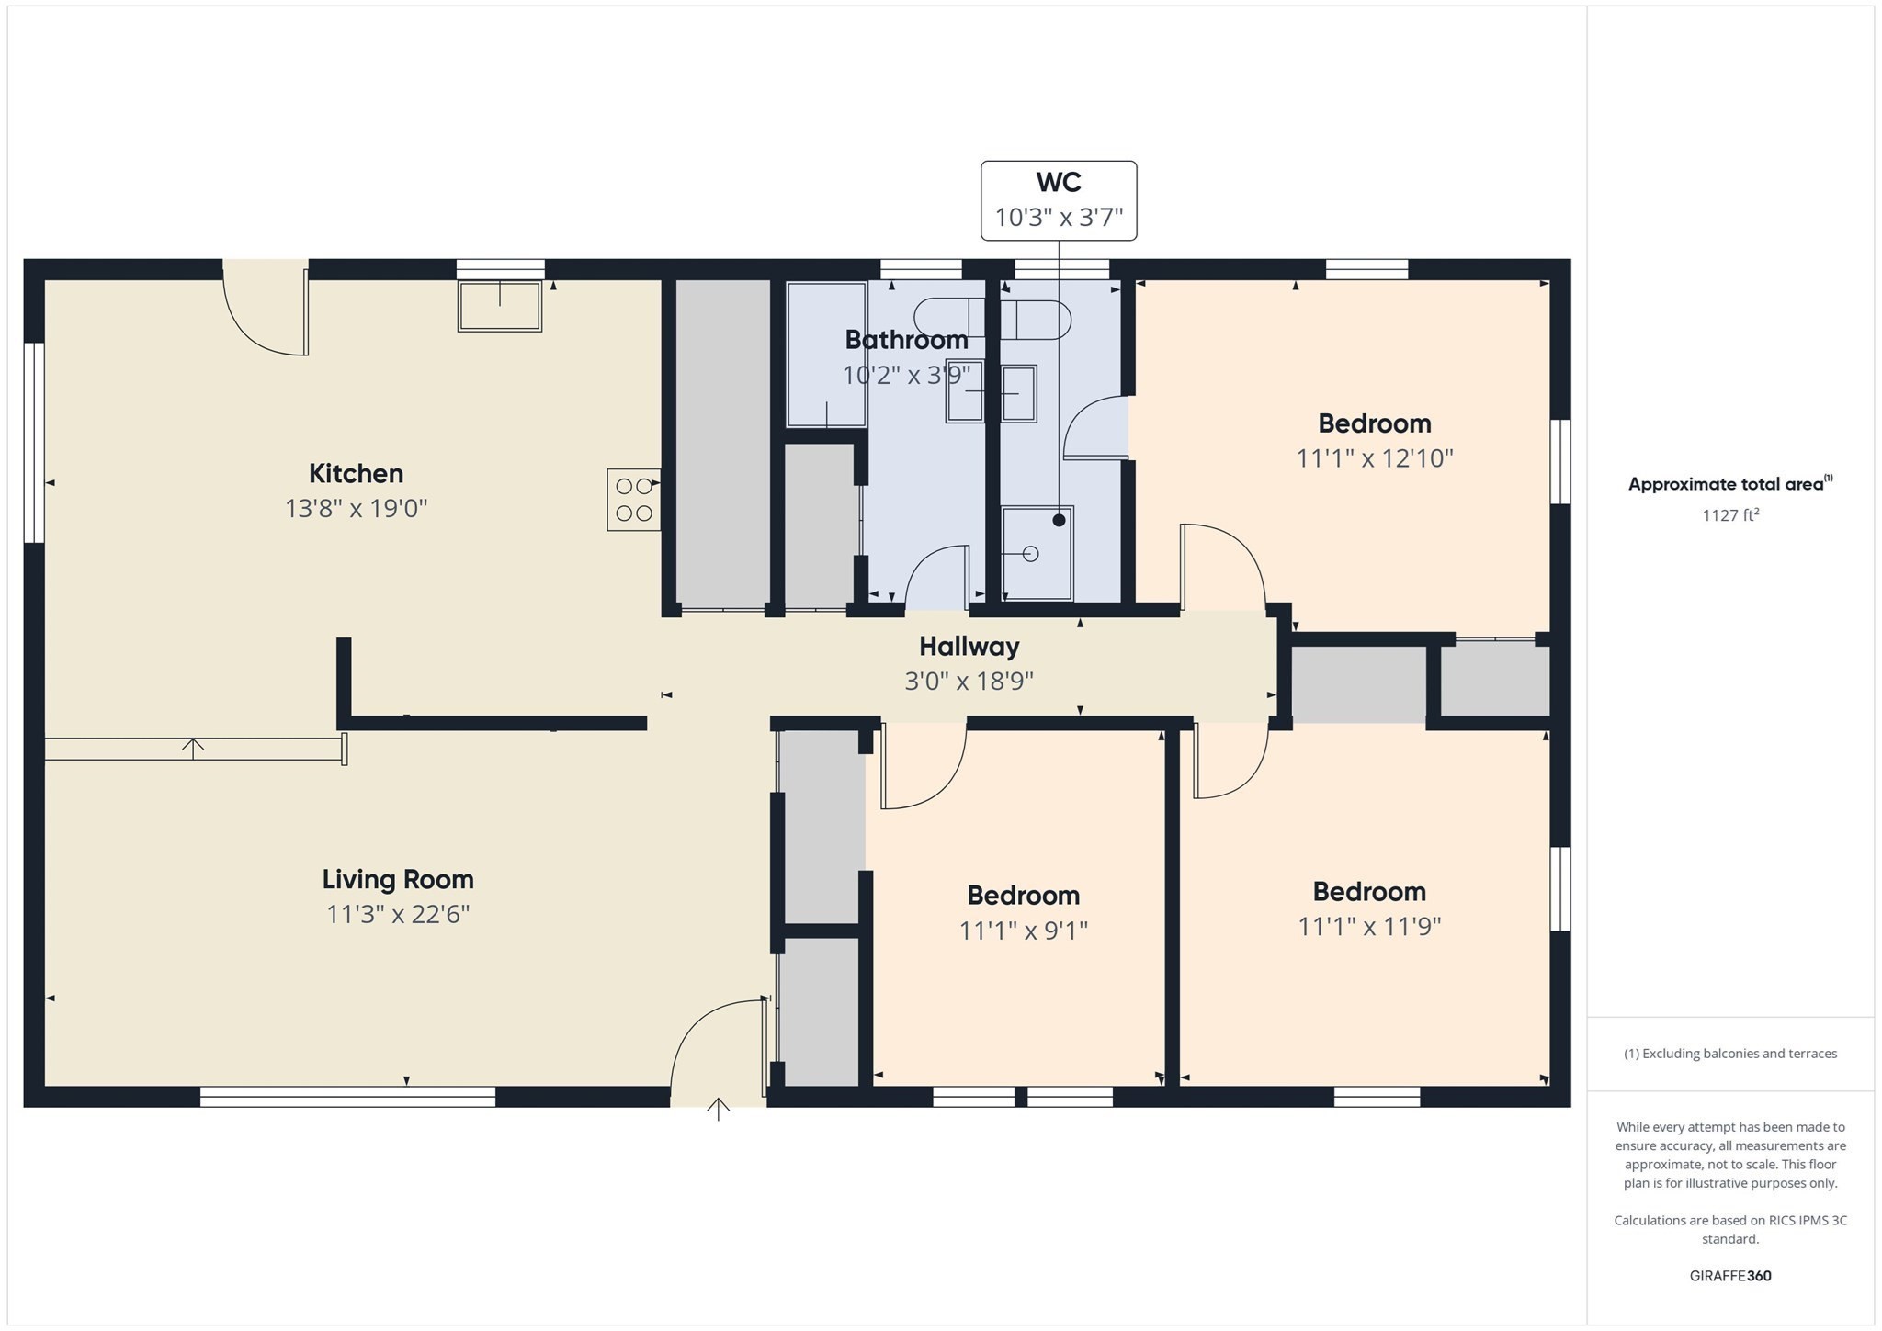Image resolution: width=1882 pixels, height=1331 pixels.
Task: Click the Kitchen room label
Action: click(x=356, y=474)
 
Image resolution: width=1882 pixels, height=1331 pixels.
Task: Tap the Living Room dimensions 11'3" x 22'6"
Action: click(x=398, y=915)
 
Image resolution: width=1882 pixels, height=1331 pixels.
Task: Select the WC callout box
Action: click(x=1059, y=201)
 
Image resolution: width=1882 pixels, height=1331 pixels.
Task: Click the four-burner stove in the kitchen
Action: click(x=633, y=500)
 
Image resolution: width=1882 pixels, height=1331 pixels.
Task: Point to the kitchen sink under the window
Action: click(x=500, y=306)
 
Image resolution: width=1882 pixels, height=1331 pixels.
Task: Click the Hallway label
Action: click(x=969, y=647)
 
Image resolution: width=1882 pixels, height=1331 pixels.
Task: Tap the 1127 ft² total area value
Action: click(x=1729, y=515)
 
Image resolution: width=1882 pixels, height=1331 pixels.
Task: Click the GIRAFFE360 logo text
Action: click(x=1729, y=1276)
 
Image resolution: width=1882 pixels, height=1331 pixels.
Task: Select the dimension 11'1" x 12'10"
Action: click(x=1374, y=458)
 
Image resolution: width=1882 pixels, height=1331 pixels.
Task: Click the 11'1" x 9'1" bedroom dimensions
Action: click(x=1023, y=931)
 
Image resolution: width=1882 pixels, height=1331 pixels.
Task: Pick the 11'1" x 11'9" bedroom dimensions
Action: click(x=1368, y=927)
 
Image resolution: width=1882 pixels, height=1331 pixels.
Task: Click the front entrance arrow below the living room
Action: click(x=718, y=1109)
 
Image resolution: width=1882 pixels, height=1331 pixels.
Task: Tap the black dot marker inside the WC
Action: click(x=1059, y=520)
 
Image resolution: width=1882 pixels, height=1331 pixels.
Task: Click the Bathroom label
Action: click(x=906, y=340)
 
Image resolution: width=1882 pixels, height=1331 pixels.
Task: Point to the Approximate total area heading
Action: click(x=1726, y=484)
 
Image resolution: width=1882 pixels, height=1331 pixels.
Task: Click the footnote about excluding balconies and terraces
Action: click(x=1729, y=1054)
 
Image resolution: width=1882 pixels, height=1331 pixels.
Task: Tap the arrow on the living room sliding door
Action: click(x=193, y=748)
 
